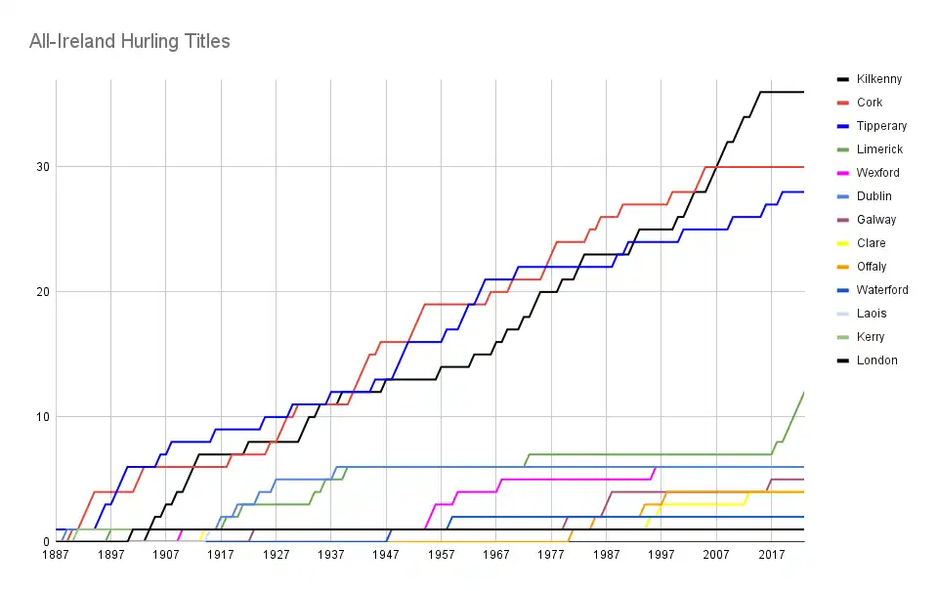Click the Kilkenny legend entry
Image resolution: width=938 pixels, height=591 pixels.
click(x=878, y=79)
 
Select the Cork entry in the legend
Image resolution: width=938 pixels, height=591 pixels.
click(x=869, y=103)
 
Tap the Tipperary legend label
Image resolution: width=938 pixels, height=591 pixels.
click(x=880, y=126)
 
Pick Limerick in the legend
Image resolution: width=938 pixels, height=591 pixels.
click(x=878, y=149)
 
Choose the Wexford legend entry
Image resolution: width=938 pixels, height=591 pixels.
click(x=877, y=173)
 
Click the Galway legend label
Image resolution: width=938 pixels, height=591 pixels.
click(x=875, y=220)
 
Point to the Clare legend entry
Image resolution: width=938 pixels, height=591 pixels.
click(x=871, y=243)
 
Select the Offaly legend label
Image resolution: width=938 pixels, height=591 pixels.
click(x=872, y=267)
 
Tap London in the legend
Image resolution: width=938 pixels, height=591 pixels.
click(x=876, y=360)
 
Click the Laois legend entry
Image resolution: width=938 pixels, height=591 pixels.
click(x=871, y=314)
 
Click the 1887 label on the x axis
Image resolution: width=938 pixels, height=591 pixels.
click(x=56, y=555)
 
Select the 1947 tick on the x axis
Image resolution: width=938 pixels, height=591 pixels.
click(x=386, y=555)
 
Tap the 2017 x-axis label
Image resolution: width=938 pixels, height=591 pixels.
click(x=771, y=555)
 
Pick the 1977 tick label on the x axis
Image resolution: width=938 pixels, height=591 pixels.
click(x=551, y=555)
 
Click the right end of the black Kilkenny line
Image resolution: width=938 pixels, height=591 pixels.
click(x=803, y=92)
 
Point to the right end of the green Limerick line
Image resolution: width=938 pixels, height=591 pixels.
click(x=803, y=392)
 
